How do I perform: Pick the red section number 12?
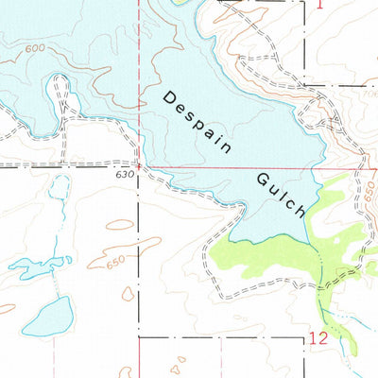(x=318, y=337)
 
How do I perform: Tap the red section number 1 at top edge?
(x=319, y=5)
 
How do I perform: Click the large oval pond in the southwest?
(x=47, y=317)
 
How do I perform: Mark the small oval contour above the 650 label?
(x=120, y=225)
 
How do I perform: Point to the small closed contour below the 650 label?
(x=128, y=294)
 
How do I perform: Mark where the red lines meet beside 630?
(x=141, y=168)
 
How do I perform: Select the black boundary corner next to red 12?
(x=306, y=336)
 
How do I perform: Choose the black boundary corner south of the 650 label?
(x=140, y=336)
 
